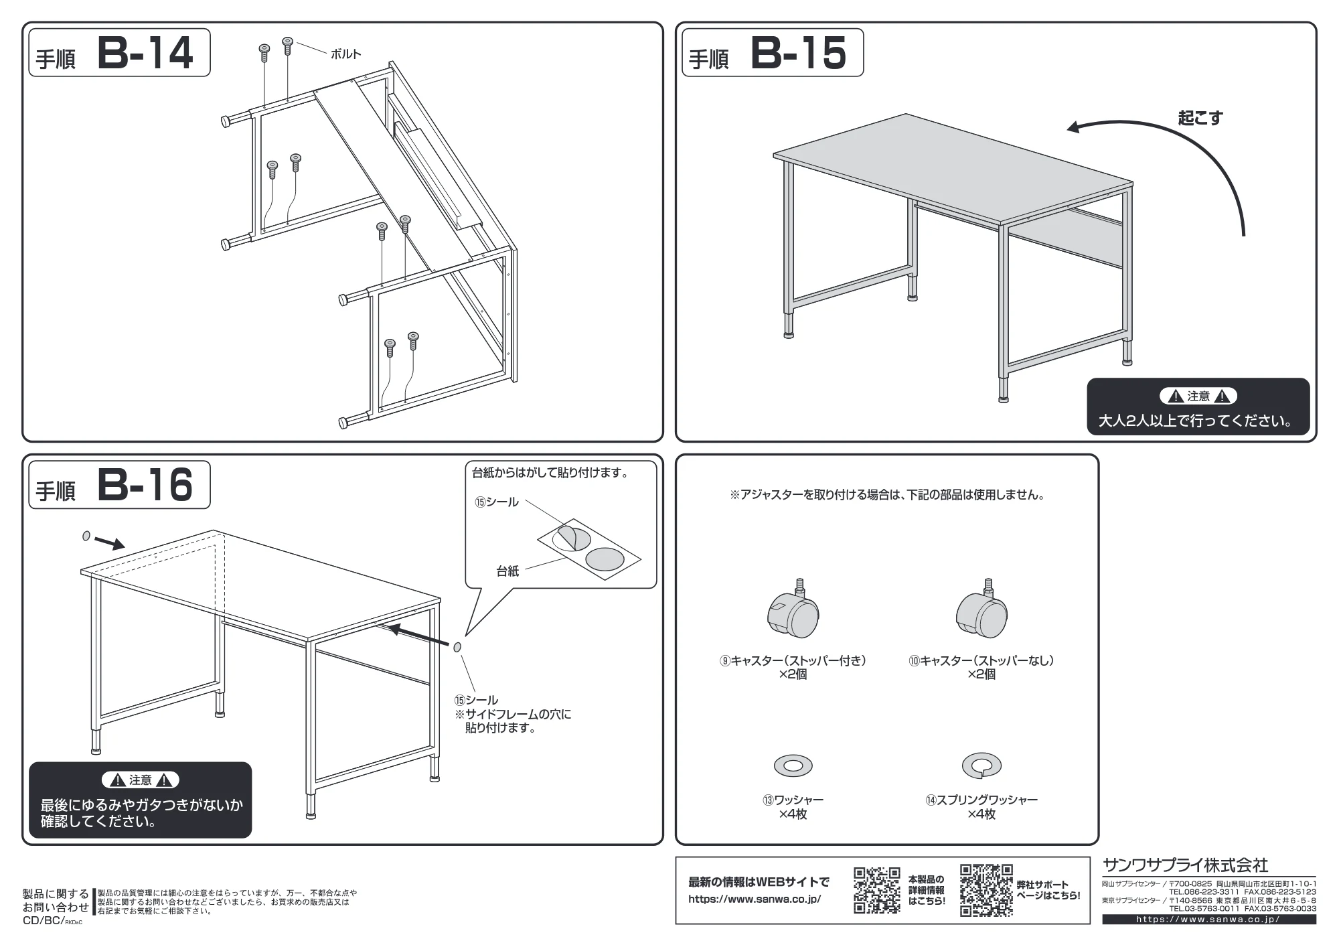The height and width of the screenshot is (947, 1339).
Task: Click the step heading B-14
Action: pos(145,53)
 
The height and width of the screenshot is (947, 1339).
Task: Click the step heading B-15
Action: pos(799,53)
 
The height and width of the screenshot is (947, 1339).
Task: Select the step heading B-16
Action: pos(145,485)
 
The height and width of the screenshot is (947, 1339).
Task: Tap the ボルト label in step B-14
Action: pos(345,54)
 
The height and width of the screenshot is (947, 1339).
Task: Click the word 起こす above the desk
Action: pos(1200,118)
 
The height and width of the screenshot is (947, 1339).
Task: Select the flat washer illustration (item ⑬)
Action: pos(793,766)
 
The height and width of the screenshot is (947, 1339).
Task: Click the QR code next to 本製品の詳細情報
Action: pos(877,890)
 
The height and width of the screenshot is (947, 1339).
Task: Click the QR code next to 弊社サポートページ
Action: pos(986,890)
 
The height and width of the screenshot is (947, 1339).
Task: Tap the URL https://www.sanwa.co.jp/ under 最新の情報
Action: pos(755,899)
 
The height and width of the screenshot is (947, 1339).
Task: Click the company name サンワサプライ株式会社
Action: pos(1185,865)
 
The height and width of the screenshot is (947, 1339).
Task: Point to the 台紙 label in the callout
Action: pos(507,571)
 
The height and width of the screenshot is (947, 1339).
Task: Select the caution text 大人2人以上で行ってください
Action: pos(1196,421)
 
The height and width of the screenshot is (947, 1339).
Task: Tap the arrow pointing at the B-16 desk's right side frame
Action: pos(420,637)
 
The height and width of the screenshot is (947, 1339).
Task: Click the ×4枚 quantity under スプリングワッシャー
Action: pos(981,814)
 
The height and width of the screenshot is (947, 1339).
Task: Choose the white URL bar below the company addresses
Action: pos(1209,920)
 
